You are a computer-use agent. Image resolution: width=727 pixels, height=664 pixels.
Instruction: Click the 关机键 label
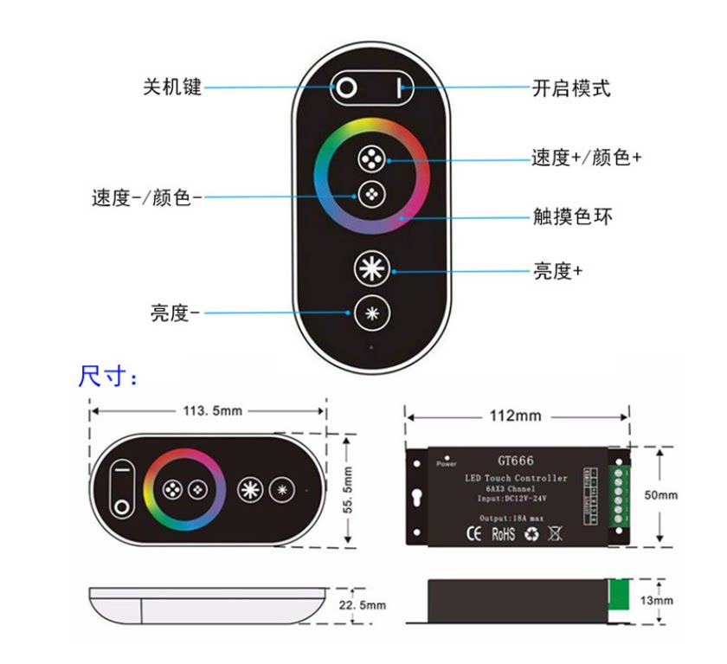point(172,87)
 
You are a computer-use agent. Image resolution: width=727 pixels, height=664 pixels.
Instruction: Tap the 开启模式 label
point(571,87)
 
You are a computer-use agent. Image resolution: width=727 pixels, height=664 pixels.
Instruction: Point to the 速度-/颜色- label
point(146,197)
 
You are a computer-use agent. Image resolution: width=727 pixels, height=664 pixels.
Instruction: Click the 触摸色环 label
point(572,216)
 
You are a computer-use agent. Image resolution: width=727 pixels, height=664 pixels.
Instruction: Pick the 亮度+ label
point(557,271)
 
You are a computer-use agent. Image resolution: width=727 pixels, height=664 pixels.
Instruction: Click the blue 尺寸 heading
point(107,377)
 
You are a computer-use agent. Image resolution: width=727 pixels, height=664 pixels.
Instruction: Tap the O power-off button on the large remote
point(346,87)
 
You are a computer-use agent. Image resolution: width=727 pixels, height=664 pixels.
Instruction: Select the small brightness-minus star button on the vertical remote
point(371,313)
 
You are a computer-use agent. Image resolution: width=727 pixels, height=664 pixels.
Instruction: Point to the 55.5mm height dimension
point(348,490)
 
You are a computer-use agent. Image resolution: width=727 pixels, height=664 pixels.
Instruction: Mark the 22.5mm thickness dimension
point(362,605)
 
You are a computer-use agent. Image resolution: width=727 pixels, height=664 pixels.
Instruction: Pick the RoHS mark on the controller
point(503,534)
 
